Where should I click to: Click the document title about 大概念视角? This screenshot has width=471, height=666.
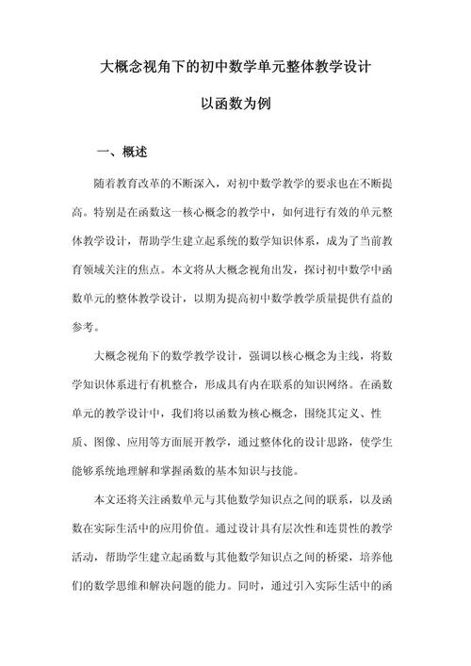coord(235,68)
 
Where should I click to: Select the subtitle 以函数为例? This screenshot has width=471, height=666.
coord(235,106)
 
